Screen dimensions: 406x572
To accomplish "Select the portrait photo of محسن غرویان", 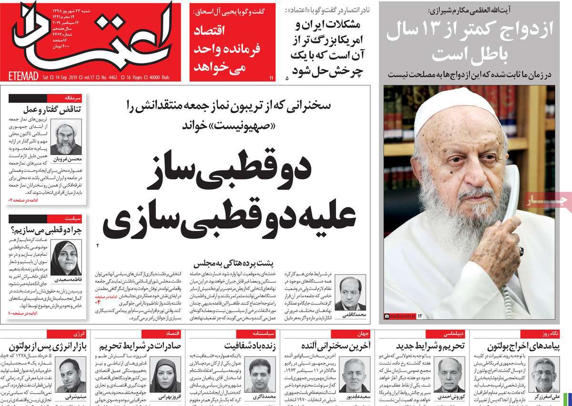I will click(x=66, y=136).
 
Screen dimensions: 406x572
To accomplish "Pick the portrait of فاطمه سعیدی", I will click(x=66, y=258).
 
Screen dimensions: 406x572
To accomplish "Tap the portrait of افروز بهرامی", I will click(x=165, y=375).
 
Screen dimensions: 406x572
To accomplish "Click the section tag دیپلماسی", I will click(x=450, y=333).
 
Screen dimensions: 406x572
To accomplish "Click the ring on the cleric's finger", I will click(x=521, y=250).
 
